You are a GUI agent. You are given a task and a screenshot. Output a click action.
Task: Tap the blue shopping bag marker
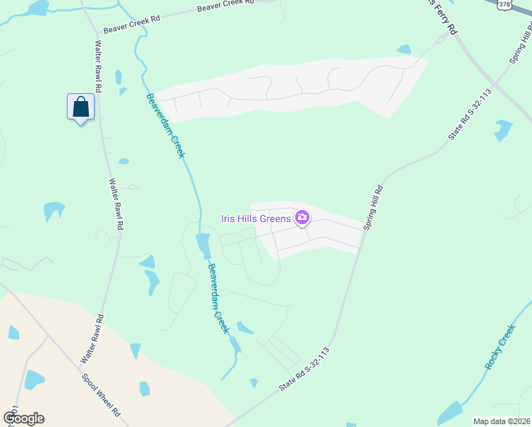(x=80, y=107)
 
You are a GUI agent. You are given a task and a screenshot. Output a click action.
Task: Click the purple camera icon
(x=302, y=217)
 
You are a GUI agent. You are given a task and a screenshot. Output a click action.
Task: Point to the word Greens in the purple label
(x=275, y=218)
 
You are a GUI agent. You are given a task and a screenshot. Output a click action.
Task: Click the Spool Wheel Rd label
(x=100, y=394)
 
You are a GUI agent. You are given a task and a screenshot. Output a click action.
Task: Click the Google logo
(x=23, y=418)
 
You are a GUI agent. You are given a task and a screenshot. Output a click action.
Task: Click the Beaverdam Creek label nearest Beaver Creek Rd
(x=165, y=125)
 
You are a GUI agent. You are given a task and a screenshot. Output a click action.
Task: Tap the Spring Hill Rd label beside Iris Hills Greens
(x=373, y=209)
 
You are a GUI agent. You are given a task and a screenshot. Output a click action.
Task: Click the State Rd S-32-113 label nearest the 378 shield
(x=470, y=115)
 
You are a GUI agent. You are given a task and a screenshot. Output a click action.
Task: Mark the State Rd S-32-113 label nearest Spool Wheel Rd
(x=306, y=369)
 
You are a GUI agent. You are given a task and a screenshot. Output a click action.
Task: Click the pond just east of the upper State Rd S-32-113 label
(x=503, y=129)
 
